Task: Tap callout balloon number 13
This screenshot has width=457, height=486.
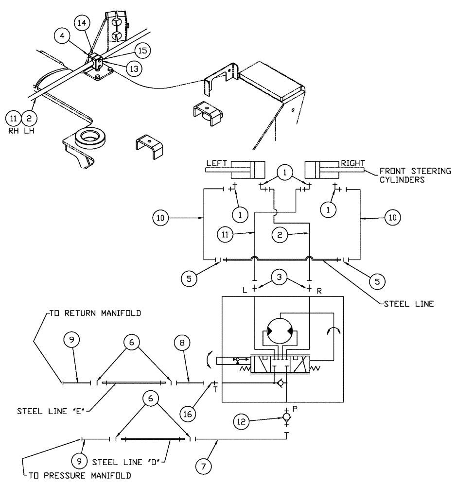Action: point(134,69)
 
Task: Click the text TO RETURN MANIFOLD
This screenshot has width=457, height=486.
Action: point(95,314)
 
